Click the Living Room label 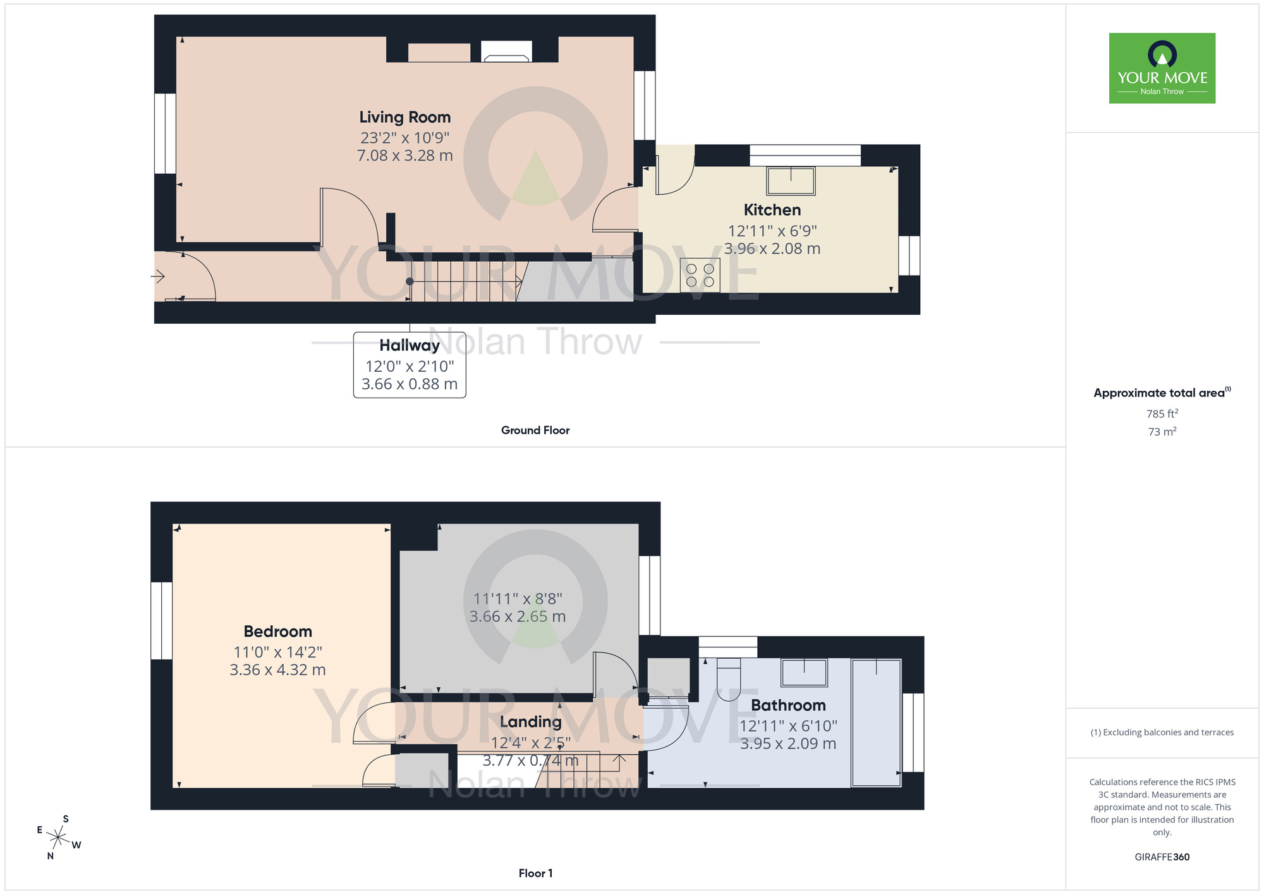(x=405, y=118)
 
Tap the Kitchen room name (x=772, y=210)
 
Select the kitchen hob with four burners (x=700, y=275)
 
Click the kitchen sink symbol (x=791, y=181)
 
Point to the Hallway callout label (x=410, y=345)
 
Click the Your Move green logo (x=1162, y=68)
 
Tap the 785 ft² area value (x=1162, y=413)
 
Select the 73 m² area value (x=1162, y=432)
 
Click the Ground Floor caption (x=535, y=430)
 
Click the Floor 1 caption (x=535, y=873)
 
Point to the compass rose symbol (x=59, y=838)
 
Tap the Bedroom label (x=278, y=632)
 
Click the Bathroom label (x=788, y=706)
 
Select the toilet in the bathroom (x=729, y=679)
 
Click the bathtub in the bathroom (x=876, y=723)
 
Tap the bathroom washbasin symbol (x=804, y=673)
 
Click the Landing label (x=531, y=722)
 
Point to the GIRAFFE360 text (x=1162, y=857)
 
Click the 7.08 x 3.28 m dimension (x=405, y=156)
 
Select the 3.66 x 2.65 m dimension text (x=518, y=616)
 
